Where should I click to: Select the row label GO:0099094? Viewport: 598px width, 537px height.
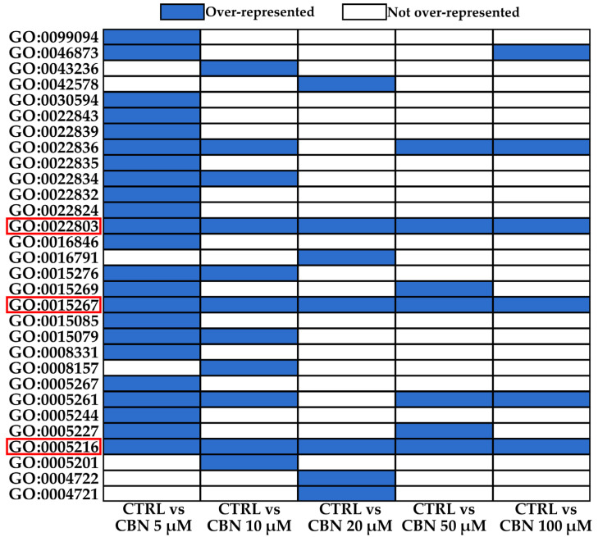coord(55,37)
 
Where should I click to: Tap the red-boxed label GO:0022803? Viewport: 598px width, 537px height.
coord(55,225)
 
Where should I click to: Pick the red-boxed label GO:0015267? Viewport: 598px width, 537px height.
coord(55,305)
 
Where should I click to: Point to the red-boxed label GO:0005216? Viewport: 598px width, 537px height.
coord(55,447)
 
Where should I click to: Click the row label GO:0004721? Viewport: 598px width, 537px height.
coord(55,494)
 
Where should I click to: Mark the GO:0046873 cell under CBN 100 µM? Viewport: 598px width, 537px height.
coord(541,53)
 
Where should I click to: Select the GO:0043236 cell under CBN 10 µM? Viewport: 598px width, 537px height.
coord(249,69)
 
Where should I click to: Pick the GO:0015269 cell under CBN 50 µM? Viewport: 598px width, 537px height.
coord(444,289)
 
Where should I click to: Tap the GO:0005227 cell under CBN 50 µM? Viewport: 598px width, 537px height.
coord(444,431)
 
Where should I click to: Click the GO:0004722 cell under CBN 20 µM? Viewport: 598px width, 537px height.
coord(346,478)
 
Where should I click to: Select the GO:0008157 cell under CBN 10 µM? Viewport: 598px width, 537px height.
coord(249,368)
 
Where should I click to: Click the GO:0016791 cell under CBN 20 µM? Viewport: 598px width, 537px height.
coord(346,257)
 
